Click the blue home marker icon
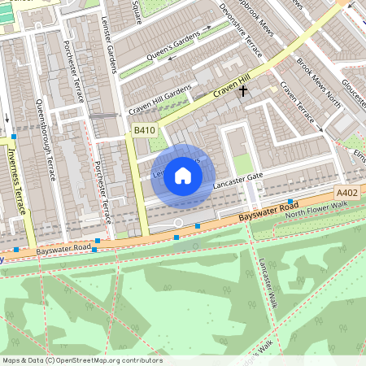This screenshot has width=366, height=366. pyautogui.click(x=183, y=176)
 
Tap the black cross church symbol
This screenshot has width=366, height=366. pyautogui.click(x=242, y=91)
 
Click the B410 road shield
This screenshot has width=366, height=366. pyautogui.click(x=144, y=130)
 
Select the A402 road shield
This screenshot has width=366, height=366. pyautogui.click(x=347, y=193)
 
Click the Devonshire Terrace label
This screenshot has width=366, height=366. pyautogui.click(x=242, y=31)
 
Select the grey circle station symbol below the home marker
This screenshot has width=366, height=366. pyautogui.click(x=178, y=222)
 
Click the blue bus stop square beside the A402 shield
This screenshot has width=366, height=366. pyautogui.click(x=290, y=201)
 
